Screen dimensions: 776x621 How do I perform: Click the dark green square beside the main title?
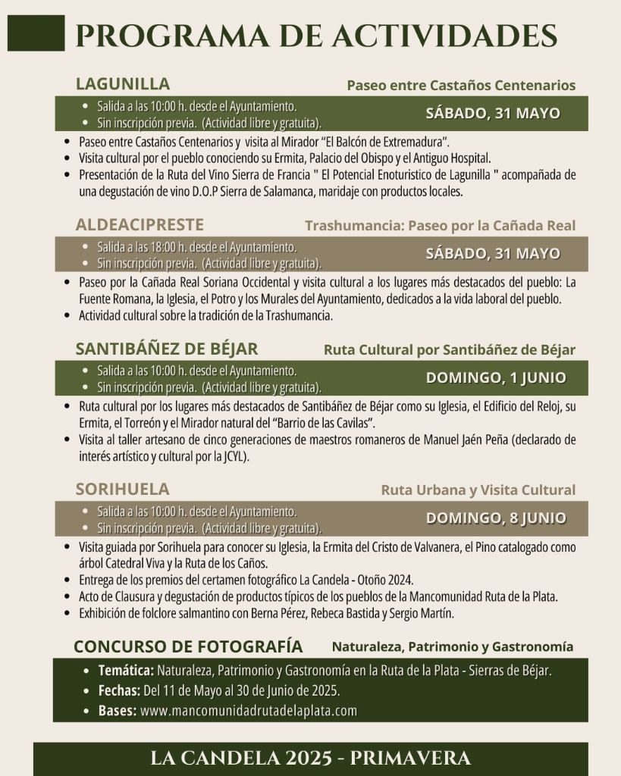[36, 34]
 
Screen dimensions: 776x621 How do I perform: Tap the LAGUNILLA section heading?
[122, 83]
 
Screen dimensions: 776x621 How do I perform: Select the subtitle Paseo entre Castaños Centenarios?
[461, 85]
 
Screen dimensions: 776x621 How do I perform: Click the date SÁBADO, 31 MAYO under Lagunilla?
[493, 114]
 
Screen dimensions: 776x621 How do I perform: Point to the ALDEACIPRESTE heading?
[140, 224]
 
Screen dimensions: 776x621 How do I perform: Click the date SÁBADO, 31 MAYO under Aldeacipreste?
[493, 253]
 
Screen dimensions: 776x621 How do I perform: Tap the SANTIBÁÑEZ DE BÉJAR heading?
[167, 349]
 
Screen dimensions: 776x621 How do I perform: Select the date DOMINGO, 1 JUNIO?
[496, 377]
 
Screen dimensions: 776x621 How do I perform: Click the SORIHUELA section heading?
[122, 489]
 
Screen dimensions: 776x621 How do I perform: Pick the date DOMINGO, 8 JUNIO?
[496, 518]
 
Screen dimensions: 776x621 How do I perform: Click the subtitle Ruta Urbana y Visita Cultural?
[478, 490]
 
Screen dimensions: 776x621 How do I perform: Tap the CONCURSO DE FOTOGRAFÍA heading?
[188, 646]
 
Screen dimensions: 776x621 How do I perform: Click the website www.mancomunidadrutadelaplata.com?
[249, 711]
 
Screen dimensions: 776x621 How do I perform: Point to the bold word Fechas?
[119, 691]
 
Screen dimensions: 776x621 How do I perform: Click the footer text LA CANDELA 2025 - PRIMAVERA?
[310, 758]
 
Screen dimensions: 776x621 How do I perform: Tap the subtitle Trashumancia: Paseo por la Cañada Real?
[440, 225]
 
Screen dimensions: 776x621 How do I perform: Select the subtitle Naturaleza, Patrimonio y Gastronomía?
[452, 647]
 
